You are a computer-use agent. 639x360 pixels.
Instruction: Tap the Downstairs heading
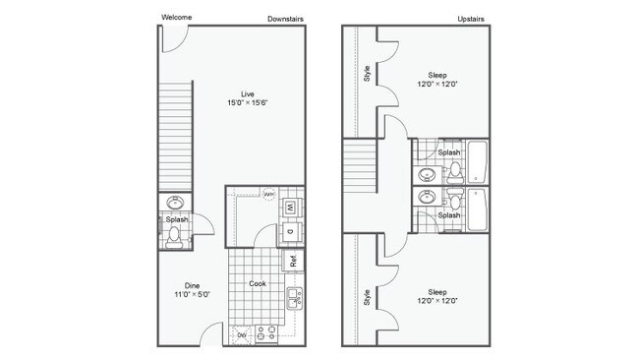[x=286, y=18]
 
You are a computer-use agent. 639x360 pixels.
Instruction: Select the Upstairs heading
[x=474, y=18]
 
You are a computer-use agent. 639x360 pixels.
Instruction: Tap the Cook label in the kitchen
[x=258, y=283]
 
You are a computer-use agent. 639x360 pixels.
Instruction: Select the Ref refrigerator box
[x=293, y=261]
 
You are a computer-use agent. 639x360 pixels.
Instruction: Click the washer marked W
[x=292, y=207]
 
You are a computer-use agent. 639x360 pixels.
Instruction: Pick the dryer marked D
[x=292, y=232]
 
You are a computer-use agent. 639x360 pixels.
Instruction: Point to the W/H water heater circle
[x=268, y=194]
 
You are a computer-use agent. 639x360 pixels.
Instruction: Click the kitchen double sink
[x=292, y=297]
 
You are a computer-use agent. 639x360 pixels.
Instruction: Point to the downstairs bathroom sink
[x=175, y=203]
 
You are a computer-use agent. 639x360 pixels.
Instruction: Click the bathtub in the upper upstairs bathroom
[x=479, y=161]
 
